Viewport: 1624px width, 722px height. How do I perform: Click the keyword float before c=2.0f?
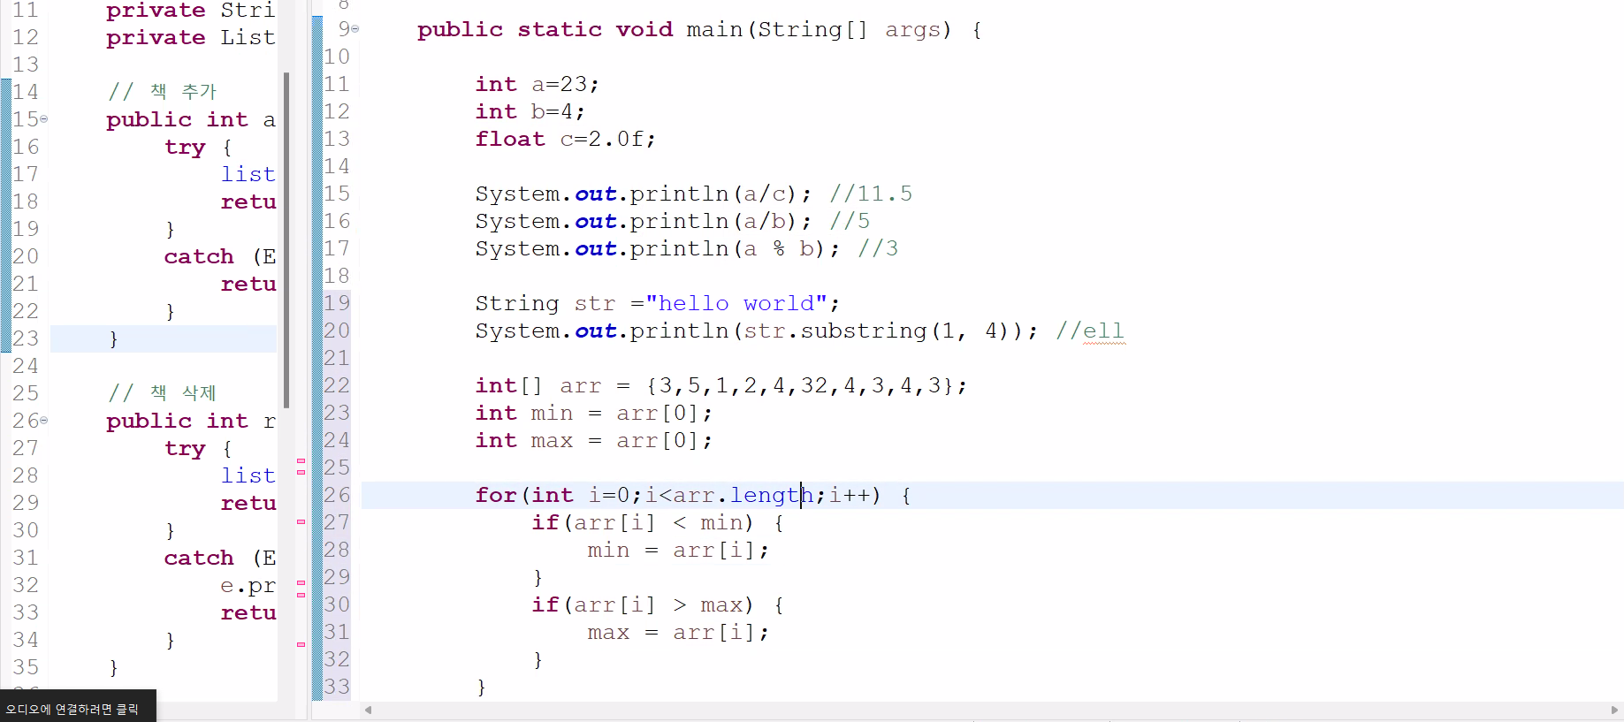click(x=509, y=139)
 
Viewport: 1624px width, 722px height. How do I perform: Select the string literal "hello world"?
click(x=736, y=303)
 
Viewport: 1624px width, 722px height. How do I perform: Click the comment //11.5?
click(x=870, y=194)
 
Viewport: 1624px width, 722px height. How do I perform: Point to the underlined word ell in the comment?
click(x=1103, y=331)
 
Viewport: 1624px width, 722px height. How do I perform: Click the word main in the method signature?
click(x=714, y=29)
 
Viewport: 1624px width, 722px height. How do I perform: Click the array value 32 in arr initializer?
click(x=813, y=385)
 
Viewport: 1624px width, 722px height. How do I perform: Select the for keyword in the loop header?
click(x=495, y=495)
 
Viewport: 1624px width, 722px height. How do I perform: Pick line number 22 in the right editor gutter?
click(x=337, y=385)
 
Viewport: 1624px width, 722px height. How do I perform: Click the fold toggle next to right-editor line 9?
click(x=355, y=29)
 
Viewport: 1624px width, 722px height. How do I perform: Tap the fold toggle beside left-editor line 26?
click(x=44, y=421)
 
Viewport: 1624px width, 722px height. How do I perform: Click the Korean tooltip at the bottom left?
click(x=72, y=709)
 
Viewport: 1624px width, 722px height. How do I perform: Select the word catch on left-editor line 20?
click(x=199, y=256)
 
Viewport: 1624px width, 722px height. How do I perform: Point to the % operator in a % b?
click(x=778, y=248)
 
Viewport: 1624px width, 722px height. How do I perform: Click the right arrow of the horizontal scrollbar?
click(x=1614, y=710)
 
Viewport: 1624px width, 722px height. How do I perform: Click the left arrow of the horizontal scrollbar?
click(x=368, y=710)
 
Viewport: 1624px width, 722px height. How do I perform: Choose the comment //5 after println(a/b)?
click(x=850, y=221)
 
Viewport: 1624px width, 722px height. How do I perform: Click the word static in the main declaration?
click(x=559, y=29)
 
